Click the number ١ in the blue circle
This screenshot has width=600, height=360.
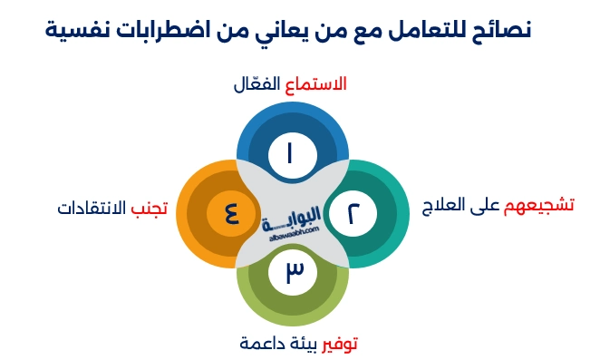(293, 152)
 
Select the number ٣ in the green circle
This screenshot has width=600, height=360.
(293, 272)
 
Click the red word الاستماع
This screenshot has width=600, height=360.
(316, 85)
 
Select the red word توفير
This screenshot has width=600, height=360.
(344, 344)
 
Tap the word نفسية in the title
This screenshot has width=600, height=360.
(79, 30)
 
